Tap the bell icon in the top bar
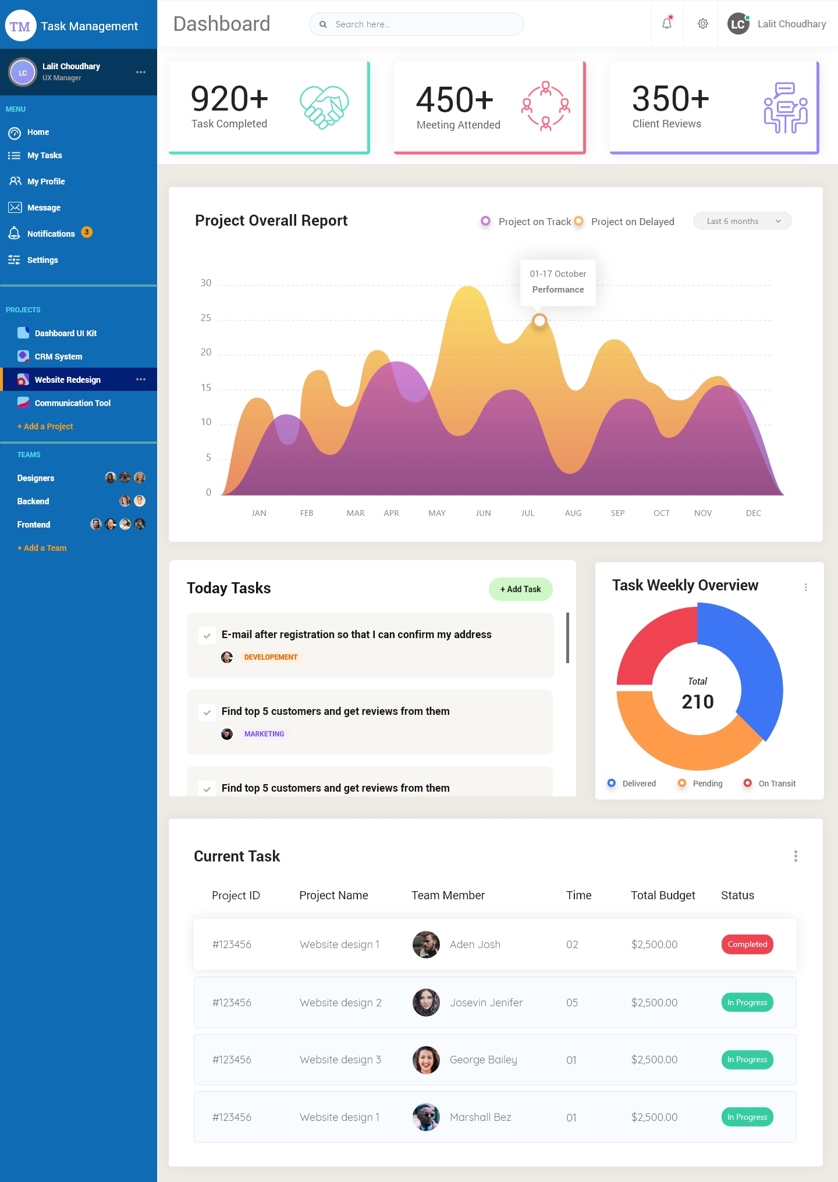pos(667,24)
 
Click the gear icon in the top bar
pos(703,24)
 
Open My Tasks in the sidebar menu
pos(44,155)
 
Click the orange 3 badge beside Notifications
pos(87,232)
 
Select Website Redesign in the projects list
pos(68,380)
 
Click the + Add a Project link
pos(45,426)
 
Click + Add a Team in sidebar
pos(42,548)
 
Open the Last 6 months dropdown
pos(742,221)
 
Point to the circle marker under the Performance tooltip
pos(539,321)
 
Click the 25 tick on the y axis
pos(206,318)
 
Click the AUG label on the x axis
pos(573,513)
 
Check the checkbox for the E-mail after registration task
pos(207,635)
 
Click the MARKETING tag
pos(264,734)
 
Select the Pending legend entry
pos(707,784)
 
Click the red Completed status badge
pos(747,944)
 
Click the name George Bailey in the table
pos(483,1060)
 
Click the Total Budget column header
pos(663,895)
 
